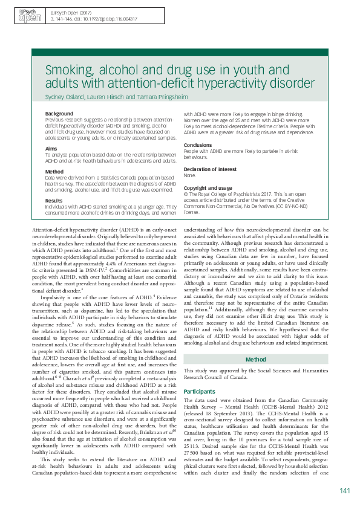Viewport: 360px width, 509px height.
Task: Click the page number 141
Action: click(x=345, y=490)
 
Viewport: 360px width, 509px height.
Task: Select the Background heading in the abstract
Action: click(x=59, y=114)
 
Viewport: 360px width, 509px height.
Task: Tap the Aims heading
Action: click(x=52, y=148)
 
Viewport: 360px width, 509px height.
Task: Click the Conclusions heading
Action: click(x=198, y=145)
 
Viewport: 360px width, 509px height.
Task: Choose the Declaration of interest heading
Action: click(x=209, y=169)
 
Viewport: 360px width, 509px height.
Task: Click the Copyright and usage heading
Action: click(x=208, y=188)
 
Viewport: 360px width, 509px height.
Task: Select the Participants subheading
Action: click(x=199, y=374)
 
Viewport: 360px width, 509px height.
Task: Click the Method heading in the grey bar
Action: click(x=255, y=342)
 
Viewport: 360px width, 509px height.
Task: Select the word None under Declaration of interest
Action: click(x=189, y=175)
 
